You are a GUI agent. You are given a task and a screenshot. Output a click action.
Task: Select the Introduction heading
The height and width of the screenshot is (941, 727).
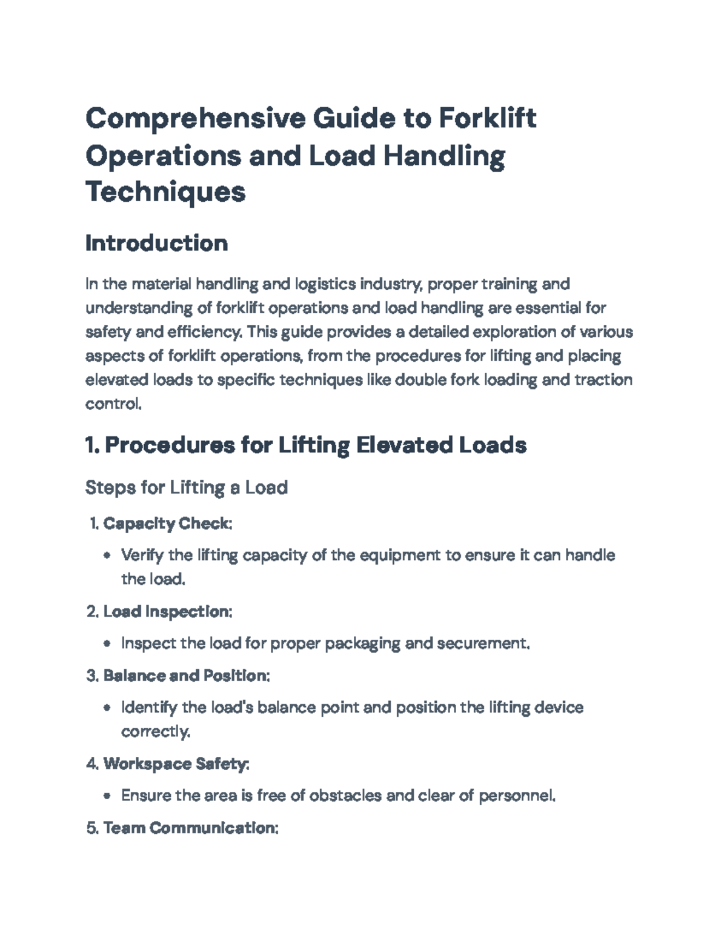click(156, 243)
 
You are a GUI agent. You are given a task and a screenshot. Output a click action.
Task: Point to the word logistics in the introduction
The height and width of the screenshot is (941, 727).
click(325, 284)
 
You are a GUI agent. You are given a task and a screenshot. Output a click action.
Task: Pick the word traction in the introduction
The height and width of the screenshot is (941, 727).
click(603, 380)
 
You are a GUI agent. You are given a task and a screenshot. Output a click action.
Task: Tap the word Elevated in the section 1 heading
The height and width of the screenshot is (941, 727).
click(402, 445)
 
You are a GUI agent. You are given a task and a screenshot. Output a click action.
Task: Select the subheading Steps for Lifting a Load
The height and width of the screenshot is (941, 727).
click(186, 487)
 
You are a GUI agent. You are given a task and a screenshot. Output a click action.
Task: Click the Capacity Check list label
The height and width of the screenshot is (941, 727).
click(167, 524)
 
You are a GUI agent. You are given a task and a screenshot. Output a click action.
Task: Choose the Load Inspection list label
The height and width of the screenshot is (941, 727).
click(167, 611)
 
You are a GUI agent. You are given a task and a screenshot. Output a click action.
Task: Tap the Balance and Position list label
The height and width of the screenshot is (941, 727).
click(186, 675)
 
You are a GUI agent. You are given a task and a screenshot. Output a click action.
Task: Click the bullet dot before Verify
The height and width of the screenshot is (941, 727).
click(107, 556)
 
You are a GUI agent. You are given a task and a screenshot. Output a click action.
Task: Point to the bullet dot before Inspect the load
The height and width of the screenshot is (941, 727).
click(107, 643)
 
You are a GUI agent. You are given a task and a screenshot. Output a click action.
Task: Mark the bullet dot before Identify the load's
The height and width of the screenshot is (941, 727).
click(107, 708)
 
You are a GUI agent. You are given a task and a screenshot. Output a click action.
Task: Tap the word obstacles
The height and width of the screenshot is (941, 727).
click(345, 795)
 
